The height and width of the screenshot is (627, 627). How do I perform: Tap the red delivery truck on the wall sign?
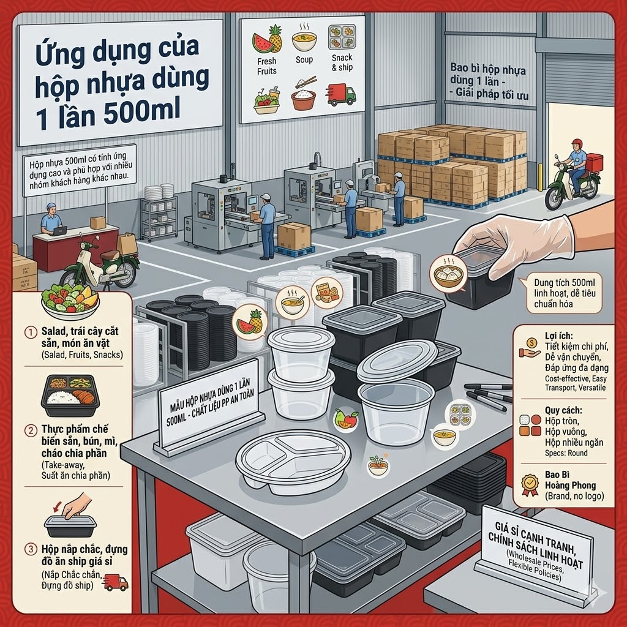(x=340, y=95)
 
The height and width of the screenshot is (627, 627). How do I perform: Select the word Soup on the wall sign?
(x=304, y=59)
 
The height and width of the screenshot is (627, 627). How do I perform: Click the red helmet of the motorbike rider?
(x=577, y=143)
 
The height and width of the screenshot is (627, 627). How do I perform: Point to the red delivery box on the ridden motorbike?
(x=594, y=162)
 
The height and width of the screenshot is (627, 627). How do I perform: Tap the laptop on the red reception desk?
(x=59, y=231)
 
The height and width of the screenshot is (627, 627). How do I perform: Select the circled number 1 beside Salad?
(x=31, y=332)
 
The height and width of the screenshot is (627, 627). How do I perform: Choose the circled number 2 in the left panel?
(x=31, y=430)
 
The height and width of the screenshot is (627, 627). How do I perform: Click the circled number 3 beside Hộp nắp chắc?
(x=31, y=549)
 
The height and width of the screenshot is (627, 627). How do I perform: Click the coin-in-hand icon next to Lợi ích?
(x=530, y=348)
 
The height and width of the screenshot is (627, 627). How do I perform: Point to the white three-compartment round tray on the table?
(x=293, y=462)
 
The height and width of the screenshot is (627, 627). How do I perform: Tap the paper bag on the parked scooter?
(x=127, y=244)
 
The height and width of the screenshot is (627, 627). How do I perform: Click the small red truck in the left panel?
(x=116, y=582)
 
